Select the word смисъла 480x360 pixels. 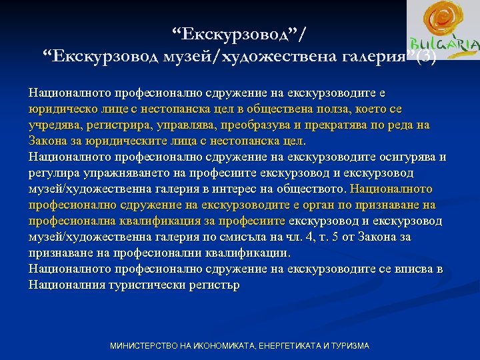[x=231, y=237]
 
